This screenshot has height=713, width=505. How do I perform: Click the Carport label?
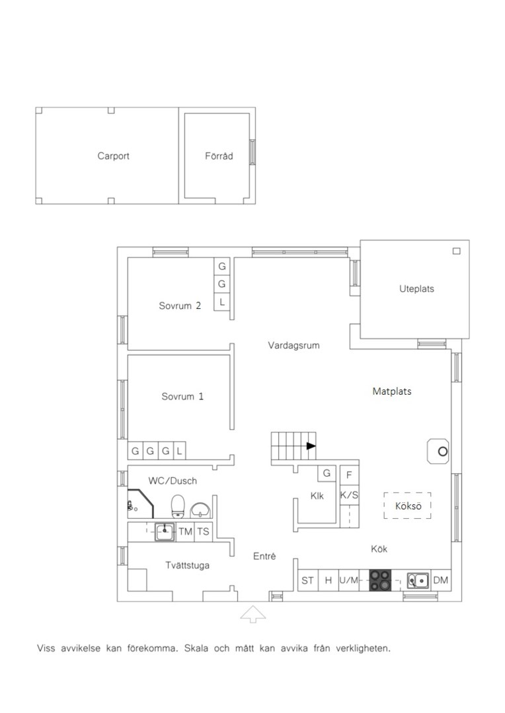click(114, 156)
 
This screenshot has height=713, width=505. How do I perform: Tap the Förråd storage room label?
click(219, 156)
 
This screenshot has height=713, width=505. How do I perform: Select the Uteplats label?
click(416, 289)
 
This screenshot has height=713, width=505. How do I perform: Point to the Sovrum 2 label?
click(180, 306)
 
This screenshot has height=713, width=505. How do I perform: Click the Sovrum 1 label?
click(182, 397)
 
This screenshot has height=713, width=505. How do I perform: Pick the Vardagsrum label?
click(293, 345)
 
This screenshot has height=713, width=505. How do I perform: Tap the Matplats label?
click(392, 391)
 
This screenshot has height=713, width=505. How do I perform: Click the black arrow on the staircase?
click(311, 446)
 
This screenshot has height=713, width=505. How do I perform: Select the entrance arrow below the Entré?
click(252, 615)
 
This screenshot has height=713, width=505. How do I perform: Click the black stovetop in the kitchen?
click(380, 580)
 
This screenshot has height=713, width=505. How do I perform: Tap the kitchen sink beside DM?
click(418, 580)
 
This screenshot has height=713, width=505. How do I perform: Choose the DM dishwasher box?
click(441, 580)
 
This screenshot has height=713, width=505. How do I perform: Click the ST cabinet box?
click(308, 580)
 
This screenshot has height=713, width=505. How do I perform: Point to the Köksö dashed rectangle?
click(407, 506)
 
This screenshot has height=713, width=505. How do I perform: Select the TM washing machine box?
click(185, 531)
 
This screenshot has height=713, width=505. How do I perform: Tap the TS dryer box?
click(203, 531)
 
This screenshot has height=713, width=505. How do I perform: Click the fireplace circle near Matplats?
click(443, 452)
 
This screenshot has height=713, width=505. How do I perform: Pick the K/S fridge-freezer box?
click(349, 495)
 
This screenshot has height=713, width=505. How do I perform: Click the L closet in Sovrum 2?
click(222, 302)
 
